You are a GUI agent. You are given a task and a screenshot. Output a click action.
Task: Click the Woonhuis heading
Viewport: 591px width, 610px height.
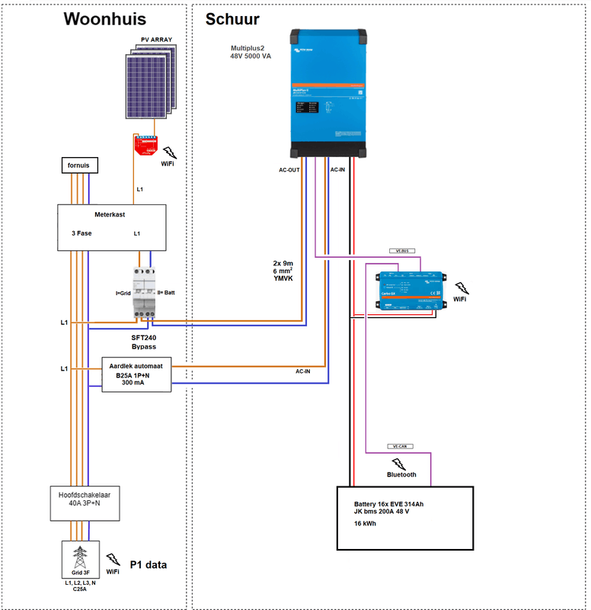[104, 19]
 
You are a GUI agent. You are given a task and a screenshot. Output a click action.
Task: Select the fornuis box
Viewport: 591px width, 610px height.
[80, 166]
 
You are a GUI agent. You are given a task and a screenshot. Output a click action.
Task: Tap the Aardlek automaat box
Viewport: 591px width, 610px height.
[136, 374]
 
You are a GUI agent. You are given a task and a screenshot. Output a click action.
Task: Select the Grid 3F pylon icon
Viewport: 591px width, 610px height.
[78, 557]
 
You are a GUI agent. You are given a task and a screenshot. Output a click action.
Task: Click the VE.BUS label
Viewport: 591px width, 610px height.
[399, 250]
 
